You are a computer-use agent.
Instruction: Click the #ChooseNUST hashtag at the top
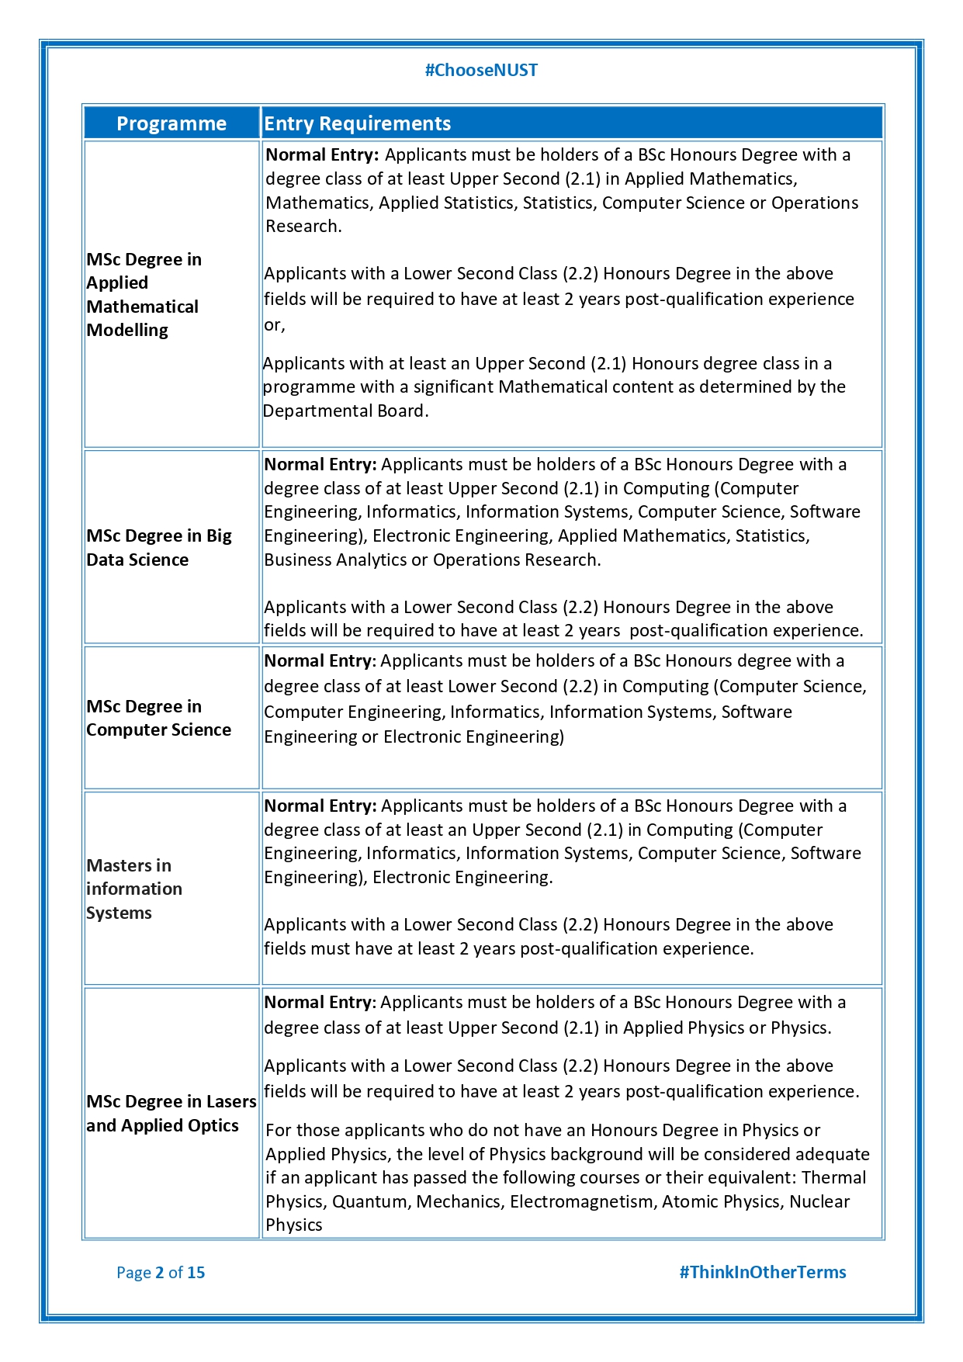(x=481, y=71)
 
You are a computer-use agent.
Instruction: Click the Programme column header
(x=171, y=124)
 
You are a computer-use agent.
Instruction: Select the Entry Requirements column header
(x=357, y=124)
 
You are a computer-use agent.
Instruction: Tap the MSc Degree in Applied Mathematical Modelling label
(x=144, y=295)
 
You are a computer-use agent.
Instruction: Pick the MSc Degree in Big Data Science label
(x=159, y=548)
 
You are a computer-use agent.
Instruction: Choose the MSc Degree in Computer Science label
(x=159, y=718)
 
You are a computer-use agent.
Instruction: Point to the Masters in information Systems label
(x=134, y=889)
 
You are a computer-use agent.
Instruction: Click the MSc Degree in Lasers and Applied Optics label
(x=171, y=1114)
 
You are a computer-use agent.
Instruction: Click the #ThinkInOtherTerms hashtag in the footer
(x=763, y=1272)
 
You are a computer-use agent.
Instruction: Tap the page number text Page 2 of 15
(x=161, y=1272)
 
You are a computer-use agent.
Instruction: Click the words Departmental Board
(x=345, y=411)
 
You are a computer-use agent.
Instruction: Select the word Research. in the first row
(x=303, y=227)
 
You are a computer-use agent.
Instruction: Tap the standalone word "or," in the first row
(x=275, y=325)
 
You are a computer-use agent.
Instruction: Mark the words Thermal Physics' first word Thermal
(x=834, y=1178)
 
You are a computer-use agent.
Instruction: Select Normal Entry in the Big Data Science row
(x=320, y=465)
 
